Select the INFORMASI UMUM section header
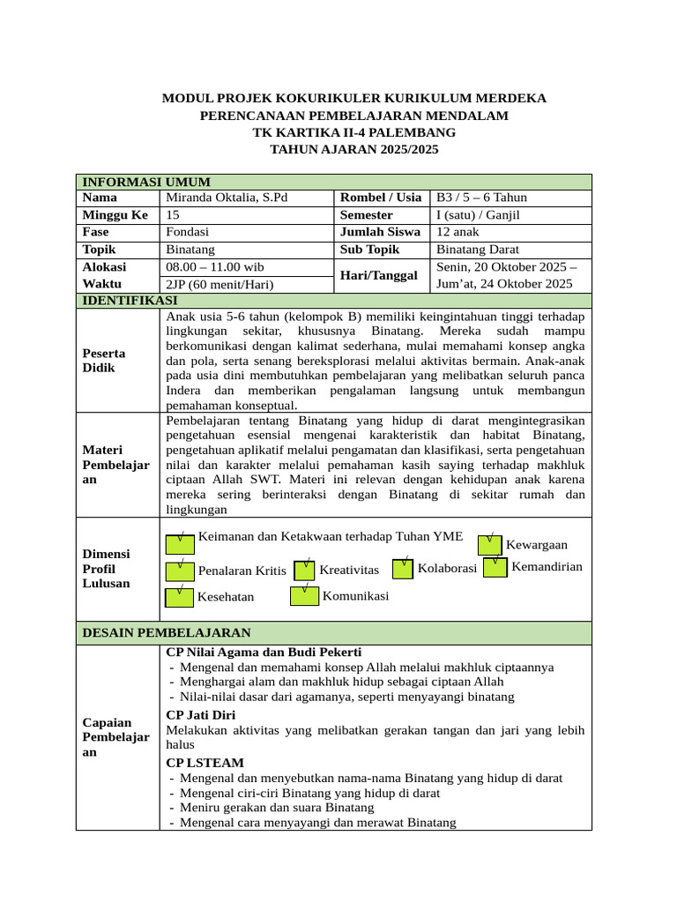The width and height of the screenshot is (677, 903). [145, 182]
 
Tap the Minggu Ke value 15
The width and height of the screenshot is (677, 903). [173, 214]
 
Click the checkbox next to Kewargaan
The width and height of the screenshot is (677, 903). [490, 544]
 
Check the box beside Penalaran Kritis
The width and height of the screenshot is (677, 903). [179, 569]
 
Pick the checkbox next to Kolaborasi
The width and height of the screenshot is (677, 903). [403, 568]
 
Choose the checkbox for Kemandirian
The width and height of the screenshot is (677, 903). [495, 566]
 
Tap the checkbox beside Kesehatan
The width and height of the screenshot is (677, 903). [179, 596]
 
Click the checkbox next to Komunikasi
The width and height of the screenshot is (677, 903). [304, 595]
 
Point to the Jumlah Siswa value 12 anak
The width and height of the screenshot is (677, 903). [458, 232]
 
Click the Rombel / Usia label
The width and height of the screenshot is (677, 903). [381, 198]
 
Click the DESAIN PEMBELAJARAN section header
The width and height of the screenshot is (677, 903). [167, 632]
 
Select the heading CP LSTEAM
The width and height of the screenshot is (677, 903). [205, 762]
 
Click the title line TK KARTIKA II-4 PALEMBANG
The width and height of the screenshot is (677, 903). [353, 132]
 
